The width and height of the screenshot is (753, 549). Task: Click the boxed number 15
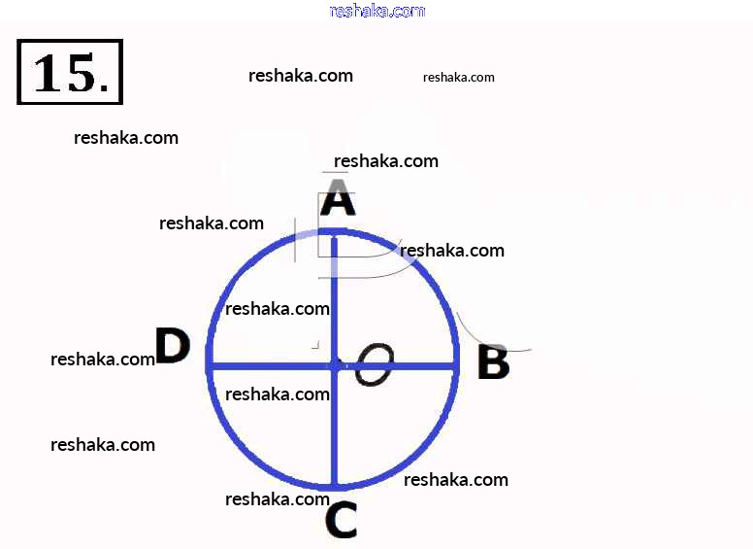pyautogui.click(x=70, y=72)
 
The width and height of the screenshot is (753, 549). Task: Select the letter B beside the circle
pyautogui.click(x=493, y=363)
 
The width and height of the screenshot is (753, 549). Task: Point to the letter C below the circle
pyautogui.click(x=341, y=521)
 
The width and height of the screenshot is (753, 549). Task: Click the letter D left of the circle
pyautogui.click(x=172, y=346)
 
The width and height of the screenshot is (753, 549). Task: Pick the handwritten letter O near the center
pyautogui.click(x=374, y=365)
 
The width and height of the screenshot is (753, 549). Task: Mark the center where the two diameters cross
pyautogui.click(x=334, y=365)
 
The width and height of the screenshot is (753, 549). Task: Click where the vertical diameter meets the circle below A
pyautogui.click(x=334, y=232)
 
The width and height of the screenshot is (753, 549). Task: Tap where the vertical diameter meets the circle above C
pyautogui.click(x=334, y=485)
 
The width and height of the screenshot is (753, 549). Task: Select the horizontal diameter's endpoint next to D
pyautogui.click(x=210, y=365)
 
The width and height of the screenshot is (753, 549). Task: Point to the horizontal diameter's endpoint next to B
pyautogui.click(x=455, y=365)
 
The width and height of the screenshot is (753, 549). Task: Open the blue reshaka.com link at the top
pyautogui.click(x=377, y=11)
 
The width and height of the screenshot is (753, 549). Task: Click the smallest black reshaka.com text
pyautogui.click(x=459, y=77)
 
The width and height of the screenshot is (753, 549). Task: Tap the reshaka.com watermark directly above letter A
pyautogui.click(x=386, y=161)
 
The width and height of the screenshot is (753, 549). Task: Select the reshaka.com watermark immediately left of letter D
pyautogui.click(x=103, y=360)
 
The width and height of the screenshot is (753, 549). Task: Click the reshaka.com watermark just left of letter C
pyautogui.click(x=278, y=499)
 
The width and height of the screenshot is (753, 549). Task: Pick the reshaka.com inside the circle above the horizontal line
pyautogui.click(x=278, y=309)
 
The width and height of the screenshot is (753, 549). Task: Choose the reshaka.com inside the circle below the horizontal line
pyautogui.click(x=278, y=395)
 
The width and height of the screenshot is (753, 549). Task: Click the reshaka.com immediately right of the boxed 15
pyautogui.click(x=301, y=76)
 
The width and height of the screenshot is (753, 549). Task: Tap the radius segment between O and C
pyautogui.click(x=334, y=428)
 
